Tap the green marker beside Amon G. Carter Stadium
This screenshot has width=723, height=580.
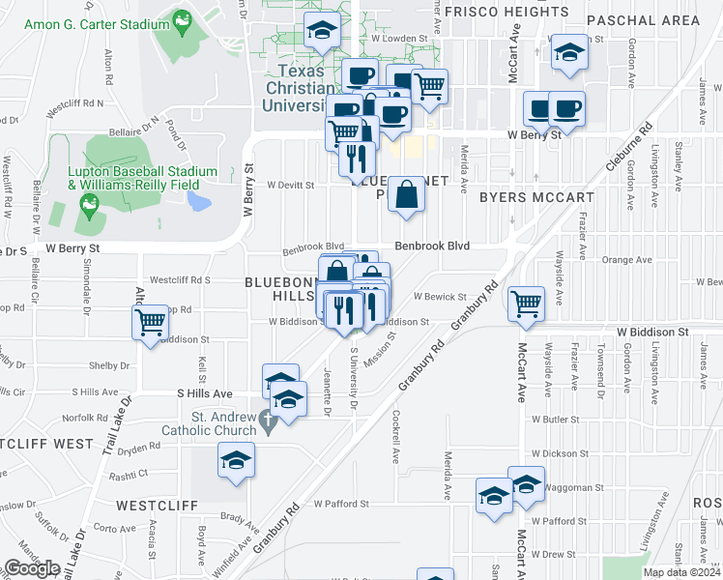coord(181,19)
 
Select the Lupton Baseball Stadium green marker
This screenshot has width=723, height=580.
coord(90,203)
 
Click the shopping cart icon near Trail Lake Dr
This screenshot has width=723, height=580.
coord(151,322)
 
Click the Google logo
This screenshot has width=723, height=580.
coord(32,568)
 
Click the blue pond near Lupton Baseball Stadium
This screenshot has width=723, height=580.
coord(200,200)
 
